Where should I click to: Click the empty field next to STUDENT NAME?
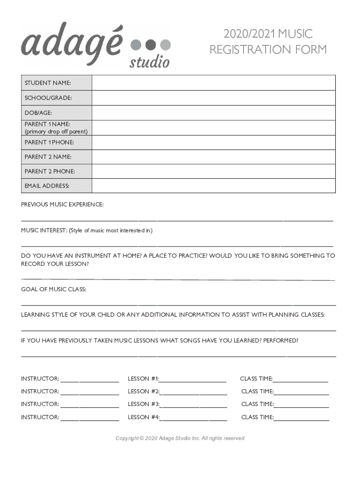pos(214,83)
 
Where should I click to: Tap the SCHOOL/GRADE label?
pos(48,98)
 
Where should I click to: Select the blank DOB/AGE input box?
pos(214,113)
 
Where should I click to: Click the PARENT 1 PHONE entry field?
pos(214,142)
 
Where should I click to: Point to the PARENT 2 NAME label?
pos(48,157)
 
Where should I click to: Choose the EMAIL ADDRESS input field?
pos(214,186)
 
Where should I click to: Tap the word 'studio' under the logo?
pos(149,62)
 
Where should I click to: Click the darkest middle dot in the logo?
pos(150,45)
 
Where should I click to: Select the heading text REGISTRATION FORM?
pos(268,50)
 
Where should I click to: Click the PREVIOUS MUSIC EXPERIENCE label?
pos(62,205)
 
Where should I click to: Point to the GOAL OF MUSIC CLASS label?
pos(54,290)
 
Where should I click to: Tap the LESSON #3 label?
pos(144,404)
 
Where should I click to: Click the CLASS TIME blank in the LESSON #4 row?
pos(301,419)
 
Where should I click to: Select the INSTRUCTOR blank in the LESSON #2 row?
pos(89,393)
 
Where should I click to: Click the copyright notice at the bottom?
pos(180,438)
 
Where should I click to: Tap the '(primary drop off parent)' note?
pos(56,131)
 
